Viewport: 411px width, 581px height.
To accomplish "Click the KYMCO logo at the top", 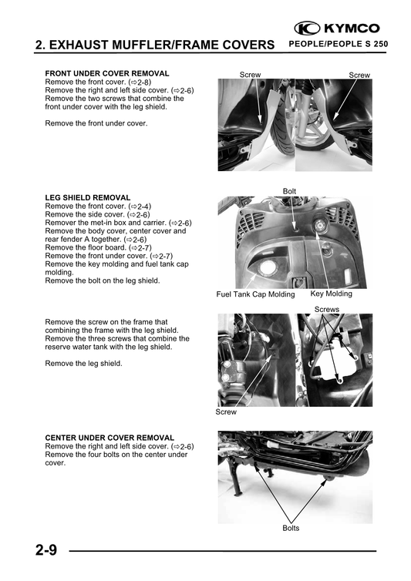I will [x=337, y=29].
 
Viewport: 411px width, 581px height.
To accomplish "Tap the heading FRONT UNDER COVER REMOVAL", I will [x=107, y=73].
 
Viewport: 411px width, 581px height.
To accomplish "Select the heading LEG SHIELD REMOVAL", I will [x=88, y=198].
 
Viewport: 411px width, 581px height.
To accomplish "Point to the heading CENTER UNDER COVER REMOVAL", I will [x=109, y=438].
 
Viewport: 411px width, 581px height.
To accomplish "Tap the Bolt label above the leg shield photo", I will [x=290, y=190].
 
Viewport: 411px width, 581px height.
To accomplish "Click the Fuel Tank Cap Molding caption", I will [x=255, y=294].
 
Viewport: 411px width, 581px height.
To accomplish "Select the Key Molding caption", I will [x=331, y=294].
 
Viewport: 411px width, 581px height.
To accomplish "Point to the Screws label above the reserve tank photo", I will [x=327, y=309].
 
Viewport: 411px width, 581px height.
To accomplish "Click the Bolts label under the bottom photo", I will [x=291, y=528].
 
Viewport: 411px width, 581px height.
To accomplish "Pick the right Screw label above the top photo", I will [x=359, y=75].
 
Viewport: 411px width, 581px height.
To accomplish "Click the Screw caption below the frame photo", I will [x=227, y=412].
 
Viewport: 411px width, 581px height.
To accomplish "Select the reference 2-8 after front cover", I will [x=140, y=82].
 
